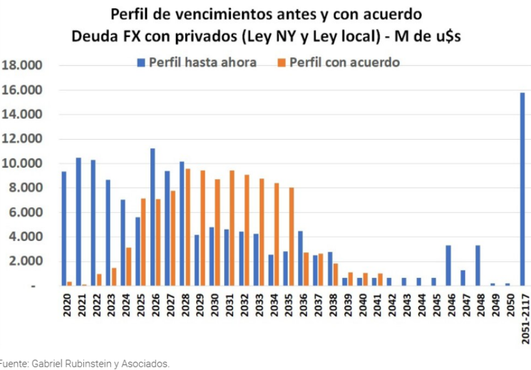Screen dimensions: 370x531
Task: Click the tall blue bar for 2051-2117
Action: pos(522,189)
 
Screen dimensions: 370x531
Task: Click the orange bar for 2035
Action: pos(291,237)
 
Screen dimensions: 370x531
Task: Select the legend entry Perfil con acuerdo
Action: pos(338,63)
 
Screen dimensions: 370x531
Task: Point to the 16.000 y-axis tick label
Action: pos(22,90)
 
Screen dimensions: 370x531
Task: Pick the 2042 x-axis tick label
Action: pos(391,307)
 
